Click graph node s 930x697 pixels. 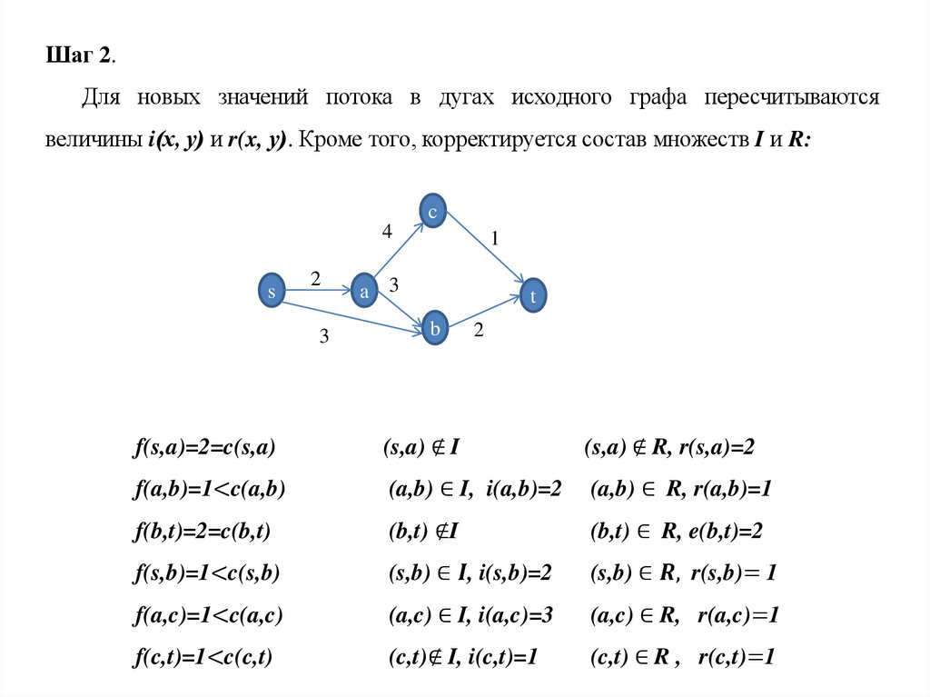coord(271,291)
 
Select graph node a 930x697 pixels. coord(364,291)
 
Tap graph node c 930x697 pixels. coord(433,212)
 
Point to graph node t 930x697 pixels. coord(534,295)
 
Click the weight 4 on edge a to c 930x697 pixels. coord(387,233)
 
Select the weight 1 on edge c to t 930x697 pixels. coord(495,239)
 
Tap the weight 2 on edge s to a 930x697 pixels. coord(315,278)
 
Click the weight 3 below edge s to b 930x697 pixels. coord(323,337)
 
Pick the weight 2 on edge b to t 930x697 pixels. coord(480,334)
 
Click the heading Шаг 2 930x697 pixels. coord(81,55)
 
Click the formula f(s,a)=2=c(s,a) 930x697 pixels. coord(205,448)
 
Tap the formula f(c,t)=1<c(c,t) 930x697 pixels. coord(205,657)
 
